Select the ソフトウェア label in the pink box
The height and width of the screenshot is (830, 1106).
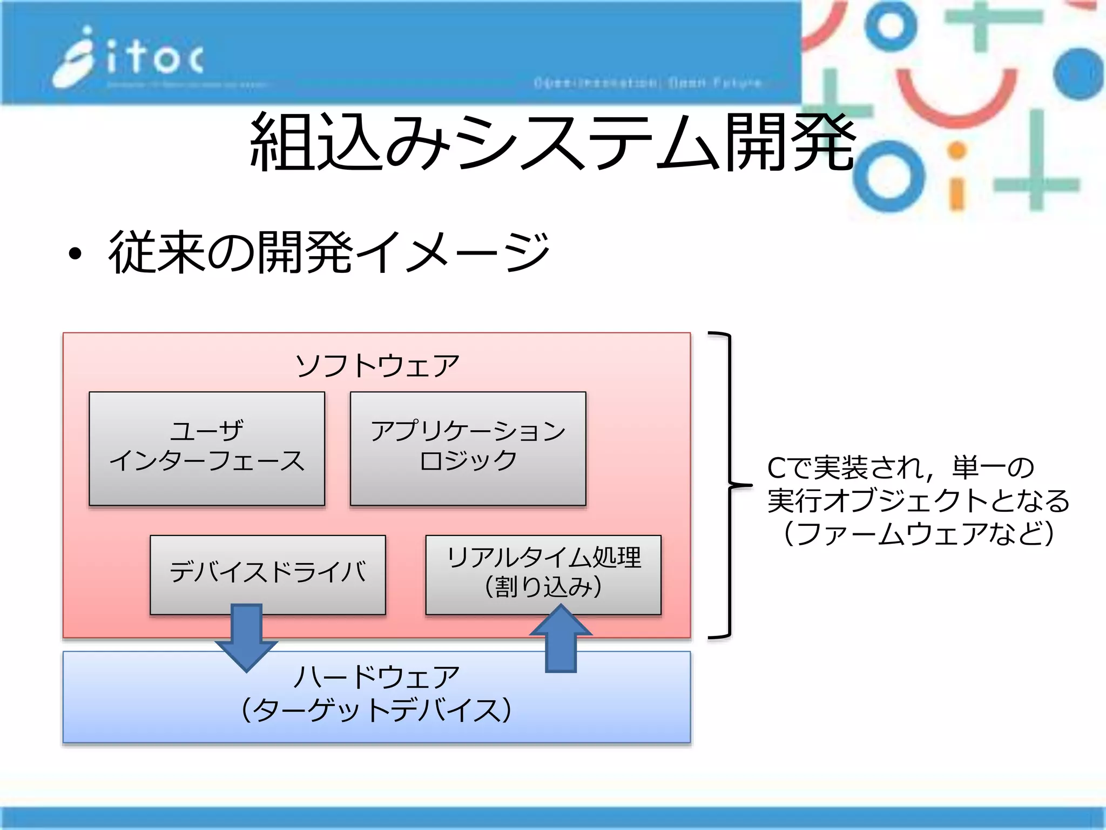tap(377, 365)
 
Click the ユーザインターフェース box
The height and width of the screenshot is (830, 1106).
tap(207, 449)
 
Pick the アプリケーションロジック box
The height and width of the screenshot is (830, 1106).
tap(468, 449)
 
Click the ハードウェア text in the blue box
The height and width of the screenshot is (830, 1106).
tap(377, 677)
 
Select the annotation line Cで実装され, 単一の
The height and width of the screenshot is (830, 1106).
tap(901, 468)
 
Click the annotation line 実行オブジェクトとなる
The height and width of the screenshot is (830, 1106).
tap(918, 500)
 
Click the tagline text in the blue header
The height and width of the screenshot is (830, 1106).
tap(648, 83)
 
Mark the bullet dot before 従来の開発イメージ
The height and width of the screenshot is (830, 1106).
tap(75, 253)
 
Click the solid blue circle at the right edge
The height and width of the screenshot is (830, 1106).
tap(1078, 73)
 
